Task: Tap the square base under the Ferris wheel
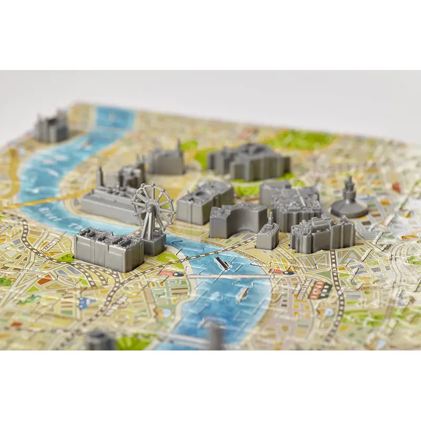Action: coord(154,245)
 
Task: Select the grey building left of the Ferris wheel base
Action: coord(108,250)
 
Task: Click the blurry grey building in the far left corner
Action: coord(52,126)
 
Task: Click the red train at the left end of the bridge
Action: coord(167,273)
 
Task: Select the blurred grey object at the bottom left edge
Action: coord(100,341)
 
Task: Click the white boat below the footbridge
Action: coord(242,295)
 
